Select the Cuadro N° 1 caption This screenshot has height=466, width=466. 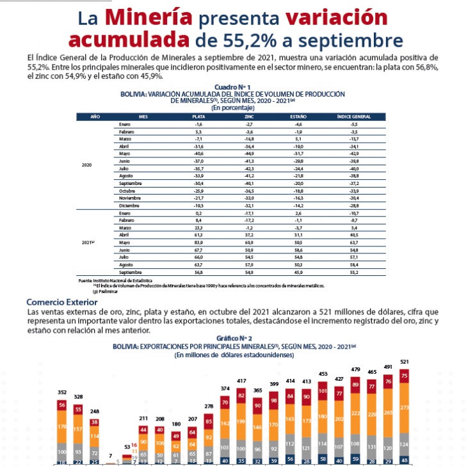pos(232,86)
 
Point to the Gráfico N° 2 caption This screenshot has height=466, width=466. pos(232,338)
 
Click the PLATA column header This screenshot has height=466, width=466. pos(198,116)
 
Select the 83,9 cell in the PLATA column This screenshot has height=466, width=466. pos(198,243)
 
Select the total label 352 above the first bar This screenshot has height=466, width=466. pos(62,392)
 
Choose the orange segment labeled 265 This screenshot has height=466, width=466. pos(388,413)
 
